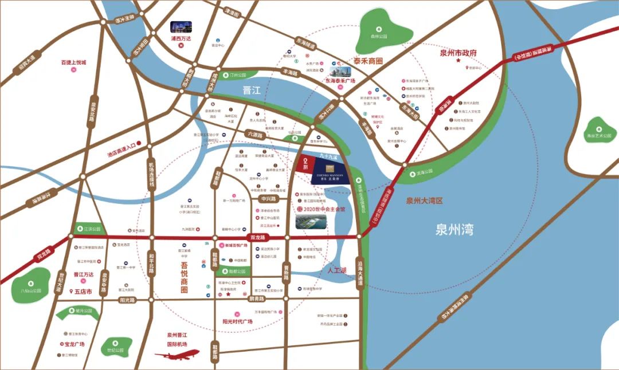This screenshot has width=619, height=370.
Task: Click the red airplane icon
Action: click(x=177, y=355)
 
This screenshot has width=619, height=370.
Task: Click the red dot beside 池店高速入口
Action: click(x=138, y=146)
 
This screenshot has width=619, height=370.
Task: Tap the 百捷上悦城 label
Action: click(x=73, y=62)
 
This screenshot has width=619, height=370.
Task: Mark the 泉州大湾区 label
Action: click(x=425, y=200)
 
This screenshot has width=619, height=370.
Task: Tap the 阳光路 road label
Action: click(x=127, y=300)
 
